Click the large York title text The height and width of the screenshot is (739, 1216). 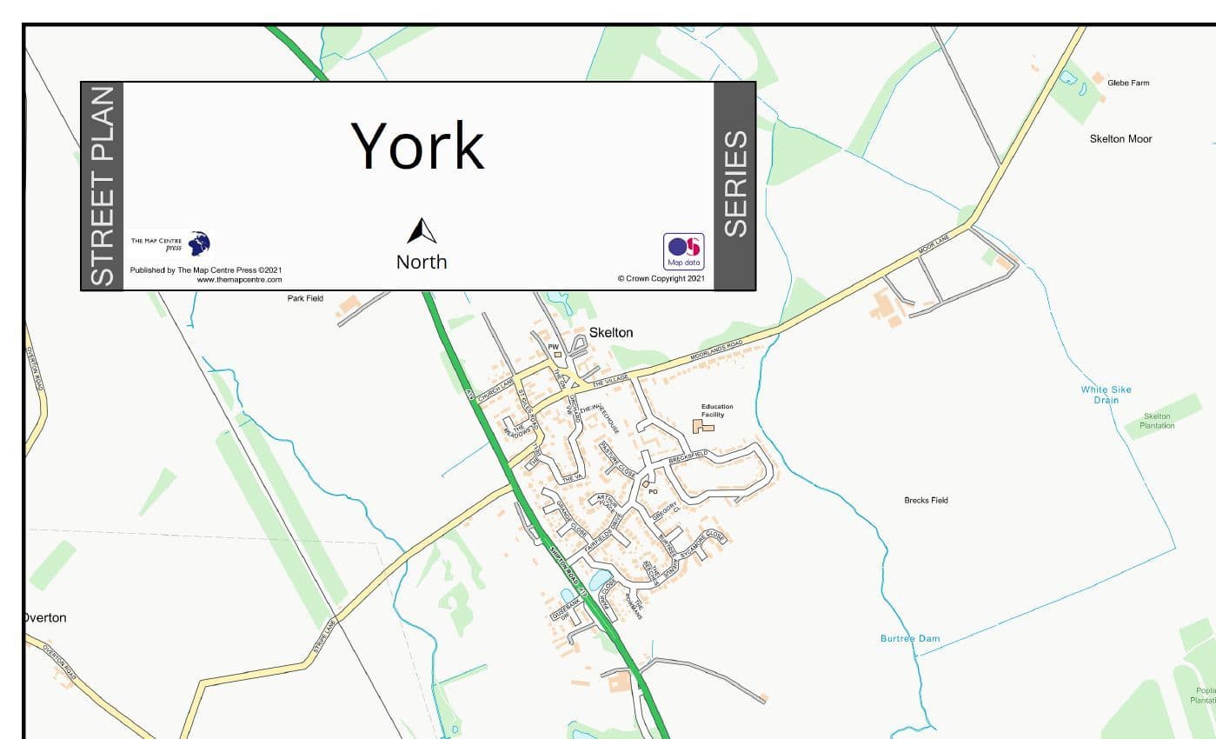coord(417,145)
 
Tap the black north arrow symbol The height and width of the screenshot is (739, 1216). coord(422,231)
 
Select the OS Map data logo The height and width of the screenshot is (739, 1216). coord(683,250)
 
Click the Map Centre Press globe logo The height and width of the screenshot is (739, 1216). coord(199,243)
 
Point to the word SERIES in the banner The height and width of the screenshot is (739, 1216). coord(735,183)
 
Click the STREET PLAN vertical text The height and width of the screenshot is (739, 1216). coord(103,185)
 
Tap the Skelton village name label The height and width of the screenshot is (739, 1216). coord(611,332)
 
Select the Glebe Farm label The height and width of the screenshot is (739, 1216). coord(1127,83)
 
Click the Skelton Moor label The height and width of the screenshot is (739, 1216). coord(1120,138)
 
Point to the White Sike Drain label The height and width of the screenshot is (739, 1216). coord(1106,395)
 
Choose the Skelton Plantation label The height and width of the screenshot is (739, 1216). coord(1157,421)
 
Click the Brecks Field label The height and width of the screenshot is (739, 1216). coord(926,500)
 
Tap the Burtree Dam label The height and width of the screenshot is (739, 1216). coord(909,638)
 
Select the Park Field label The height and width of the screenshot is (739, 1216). coord(305,298)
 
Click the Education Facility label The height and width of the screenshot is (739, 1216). coord(717,410)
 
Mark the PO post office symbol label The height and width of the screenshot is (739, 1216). coord(654,491)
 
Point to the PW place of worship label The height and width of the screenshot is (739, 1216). coord(552,346)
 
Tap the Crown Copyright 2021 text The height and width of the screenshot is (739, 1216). coord(661,279)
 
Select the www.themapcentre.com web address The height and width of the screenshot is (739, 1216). coord(239,280)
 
